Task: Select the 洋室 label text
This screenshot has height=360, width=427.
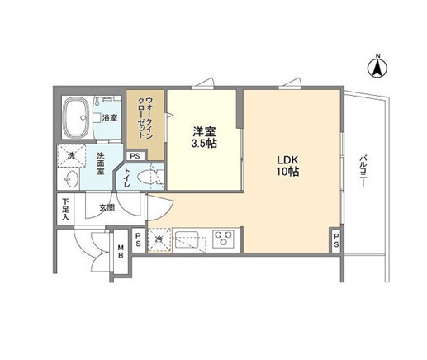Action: pyautogui.click(x=204, y=130)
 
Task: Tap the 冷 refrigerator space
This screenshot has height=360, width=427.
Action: pyautogui.click(x=159, y=239)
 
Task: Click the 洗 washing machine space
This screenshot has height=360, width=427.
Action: pyautogui.click(x=71, y=155)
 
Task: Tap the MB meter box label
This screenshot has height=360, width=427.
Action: pyautogui.click(x=121, y=250)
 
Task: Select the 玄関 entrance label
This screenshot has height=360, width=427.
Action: pyautogui.click(x=107, y=207)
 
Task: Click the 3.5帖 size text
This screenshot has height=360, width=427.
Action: pyautogui.click(x=204, y=143)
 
